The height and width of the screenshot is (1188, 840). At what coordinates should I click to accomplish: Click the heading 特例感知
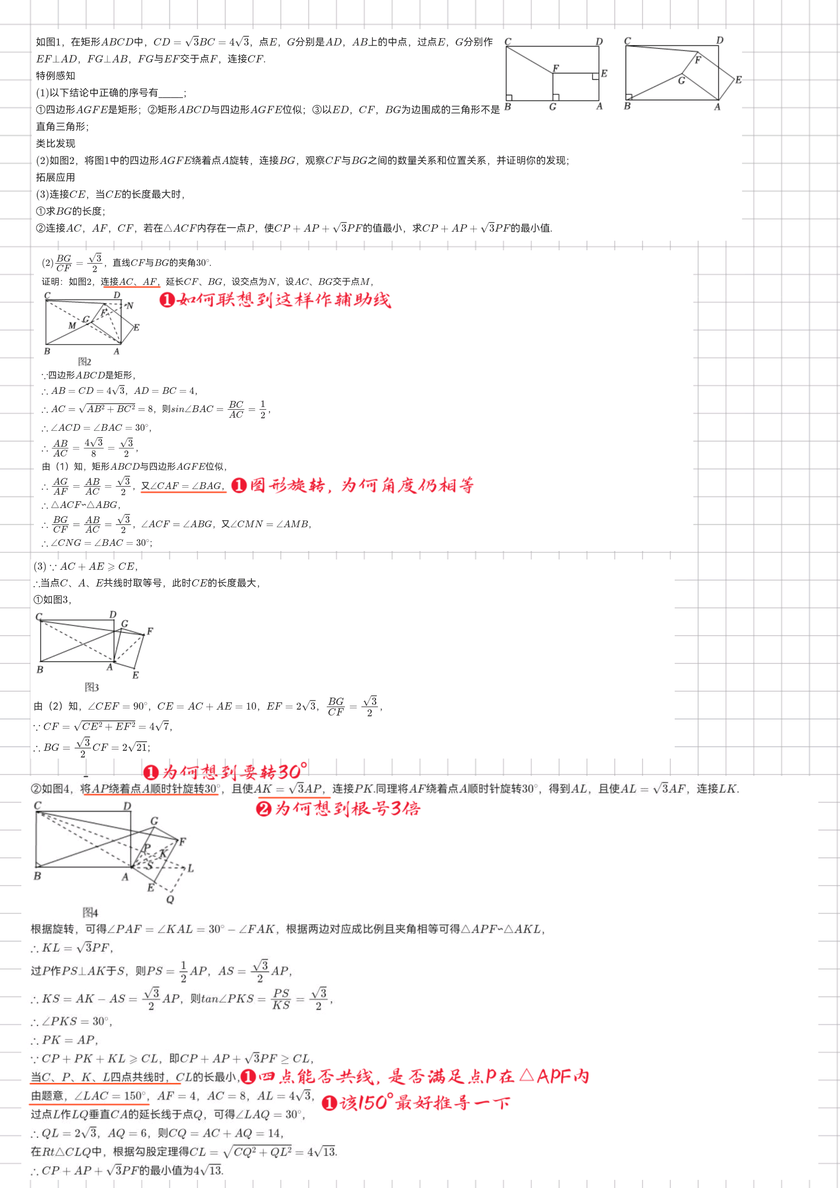(55, 76)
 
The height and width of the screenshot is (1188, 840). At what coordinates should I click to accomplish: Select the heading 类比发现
(55, 143)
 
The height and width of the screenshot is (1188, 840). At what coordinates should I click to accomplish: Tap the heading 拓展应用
(55, 177)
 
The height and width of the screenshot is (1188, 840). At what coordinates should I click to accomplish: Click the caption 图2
(84, 362)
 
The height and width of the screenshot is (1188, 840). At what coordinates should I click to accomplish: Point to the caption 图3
(91, 687)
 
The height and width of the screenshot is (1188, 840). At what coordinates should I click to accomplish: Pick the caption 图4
(90, 912)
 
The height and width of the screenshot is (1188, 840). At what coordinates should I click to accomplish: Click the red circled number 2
(264, 809)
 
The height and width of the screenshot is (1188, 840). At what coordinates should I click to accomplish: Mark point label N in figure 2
(130, 306)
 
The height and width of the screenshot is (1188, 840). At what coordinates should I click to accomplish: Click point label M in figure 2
(72, 325)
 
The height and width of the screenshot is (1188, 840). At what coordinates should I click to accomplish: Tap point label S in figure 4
(150, 866)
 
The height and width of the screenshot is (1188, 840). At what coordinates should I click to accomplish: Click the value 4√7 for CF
(160, 726)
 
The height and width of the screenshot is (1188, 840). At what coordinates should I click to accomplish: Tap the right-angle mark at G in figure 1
(556, 97)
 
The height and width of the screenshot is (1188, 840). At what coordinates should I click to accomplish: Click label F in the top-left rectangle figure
(556, 68)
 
